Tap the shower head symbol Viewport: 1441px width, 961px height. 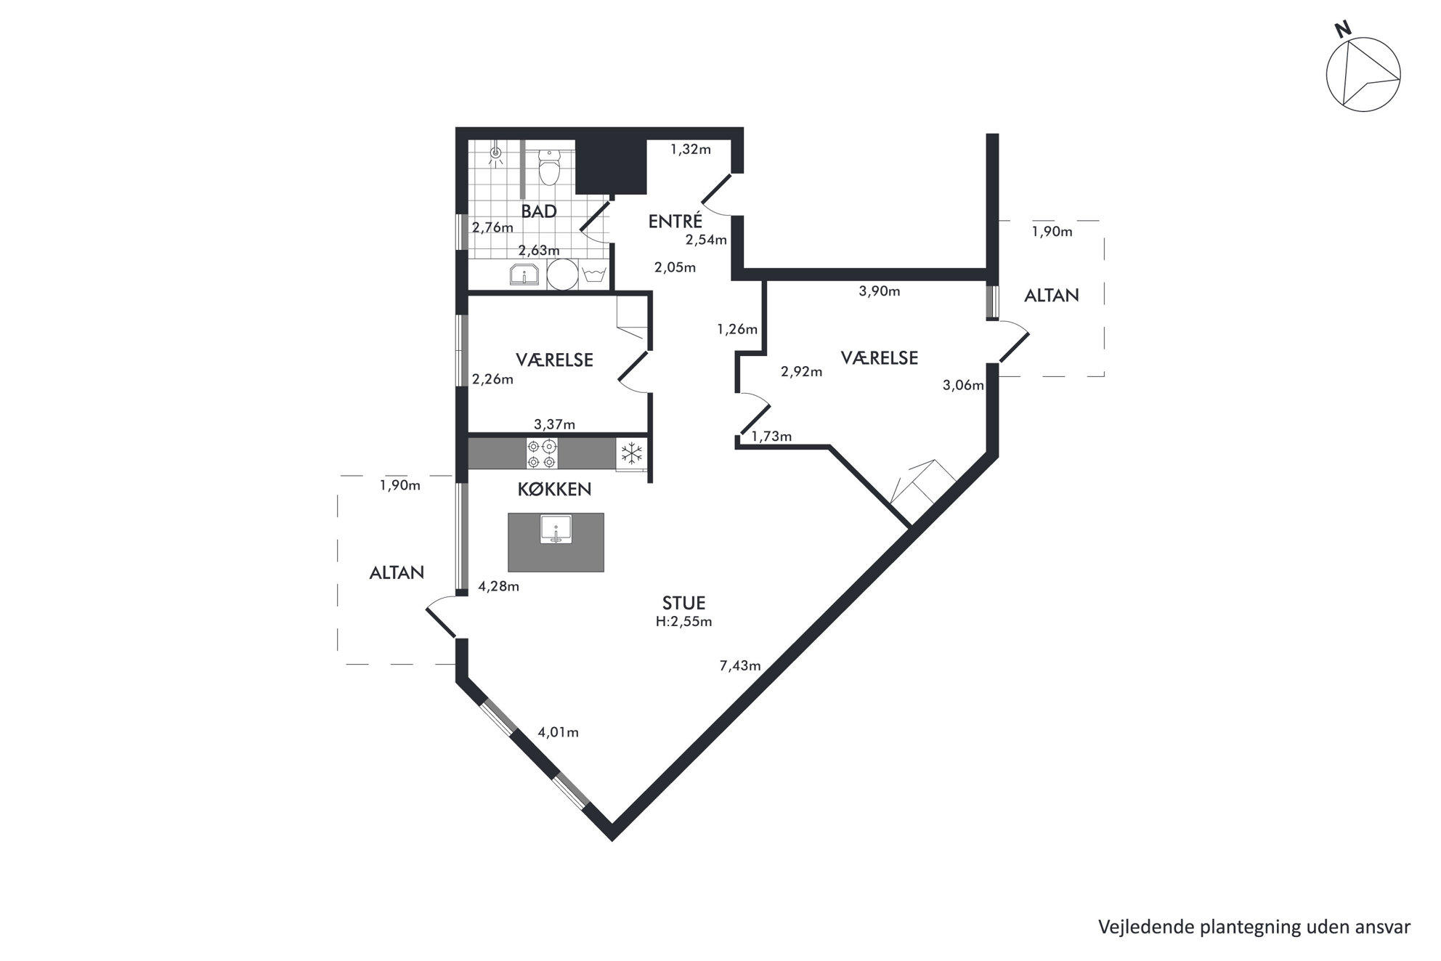pyautogui.click(x=497, y=154)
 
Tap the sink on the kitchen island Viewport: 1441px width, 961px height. pyautogui.click(x=557, y=529)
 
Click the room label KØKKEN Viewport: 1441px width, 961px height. pyautogui.click(x=555, y=490)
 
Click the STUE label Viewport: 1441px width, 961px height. pyautogui.click(x=683, y=603)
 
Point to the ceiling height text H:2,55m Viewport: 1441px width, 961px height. pyautogui.click(x=683, y=622)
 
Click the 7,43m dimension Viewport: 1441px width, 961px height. pyautogui.click(x=740, y=665)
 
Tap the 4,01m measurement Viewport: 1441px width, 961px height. pyautogui.click(x=558, y=732)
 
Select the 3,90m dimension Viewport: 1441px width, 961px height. pyautogui.click(x=880, y=291)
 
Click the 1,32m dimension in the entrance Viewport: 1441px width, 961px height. pyautogui.click(x=690, y=150)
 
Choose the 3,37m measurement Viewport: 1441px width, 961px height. pyautogui.click(x=555, y=424)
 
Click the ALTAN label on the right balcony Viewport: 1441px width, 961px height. pyautogui.click(x=1052, y=296)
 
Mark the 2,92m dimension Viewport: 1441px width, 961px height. pyautogui.click(x=802, y=372)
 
